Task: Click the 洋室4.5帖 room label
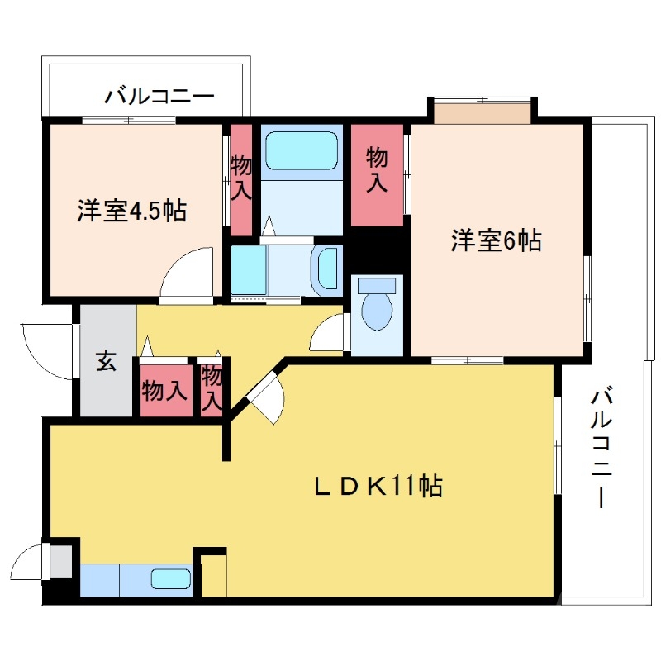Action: (131, 211)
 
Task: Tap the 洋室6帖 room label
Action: (496, 240)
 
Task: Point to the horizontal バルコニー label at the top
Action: (159, 97)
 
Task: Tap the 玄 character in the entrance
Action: (107, 361)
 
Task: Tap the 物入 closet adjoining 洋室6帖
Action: (377, 174)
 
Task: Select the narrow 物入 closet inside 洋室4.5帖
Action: (240, 178)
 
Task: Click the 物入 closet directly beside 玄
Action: (165, 388)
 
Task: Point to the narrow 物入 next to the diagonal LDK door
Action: (212, 388)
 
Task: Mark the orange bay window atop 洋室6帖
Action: (482, 112)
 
